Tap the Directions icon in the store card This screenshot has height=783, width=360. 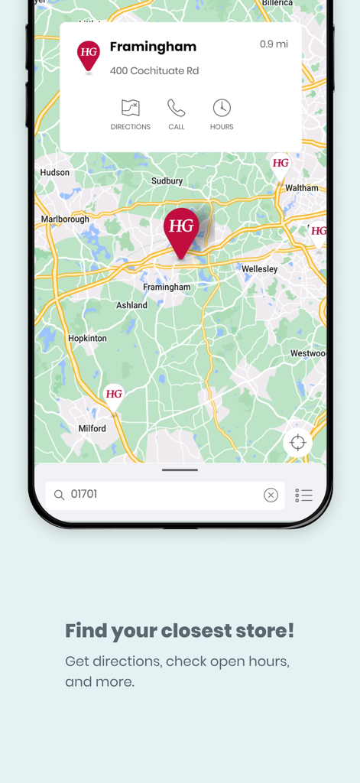click(130, 108)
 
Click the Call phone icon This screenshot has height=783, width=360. click(177, 108)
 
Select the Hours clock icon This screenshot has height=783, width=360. click(222, 108)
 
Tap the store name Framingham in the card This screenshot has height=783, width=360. click(153, 47)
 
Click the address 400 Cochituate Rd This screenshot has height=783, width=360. click(154, 71)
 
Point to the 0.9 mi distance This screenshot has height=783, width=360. click(274, 44)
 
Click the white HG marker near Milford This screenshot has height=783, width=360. click(114, 395)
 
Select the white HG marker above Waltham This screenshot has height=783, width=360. click(281, 164)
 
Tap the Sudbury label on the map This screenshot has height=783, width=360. click(167, 181)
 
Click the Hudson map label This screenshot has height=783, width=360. click(55, 173)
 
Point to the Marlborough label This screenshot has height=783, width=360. click(65, 219)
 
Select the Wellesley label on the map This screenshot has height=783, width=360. click(260, 269)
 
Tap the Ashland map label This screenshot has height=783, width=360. click(131, 305)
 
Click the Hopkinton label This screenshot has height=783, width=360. click(88, 338)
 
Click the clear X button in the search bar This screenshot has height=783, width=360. click(271, 495)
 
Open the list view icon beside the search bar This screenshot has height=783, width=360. click(304, 495)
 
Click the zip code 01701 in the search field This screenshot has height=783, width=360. click(84, 495)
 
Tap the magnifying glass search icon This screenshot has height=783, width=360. click(59, 495)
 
